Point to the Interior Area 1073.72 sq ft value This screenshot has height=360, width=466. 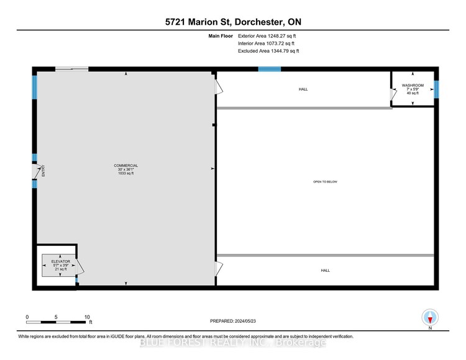pyautogui.click(x=266, y=44)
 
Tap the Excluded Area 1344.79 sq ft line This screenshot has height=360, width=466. pyautogui.click(x=268, y=52)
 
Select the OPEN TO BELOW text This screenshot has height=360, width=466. pyautogui.click(x=325, y=182)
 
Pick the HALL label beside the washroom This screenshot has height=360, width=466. pyautogui.click(x=303, y=89)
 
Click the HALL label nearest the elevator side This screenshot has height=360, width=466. pyautogui.click(x=325, y=271)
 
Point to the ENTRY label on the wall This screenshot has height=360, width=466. pyautogui.click(x=43, y=171)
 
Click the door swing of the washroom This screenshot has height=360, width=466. pyautogui.click(x=393, y=94)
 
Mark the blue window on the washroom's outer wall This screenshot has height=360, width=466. pyautogui.click(x=436, y=89)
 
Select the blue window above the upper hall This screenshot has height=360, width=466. pyautogui.click(x=269, y=69)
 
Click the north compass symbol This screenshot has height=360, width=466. pyautogui.click(x=429, y=318)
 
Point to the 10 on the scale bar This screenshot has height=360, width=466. pyautogui.click(x=87, y=317)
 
